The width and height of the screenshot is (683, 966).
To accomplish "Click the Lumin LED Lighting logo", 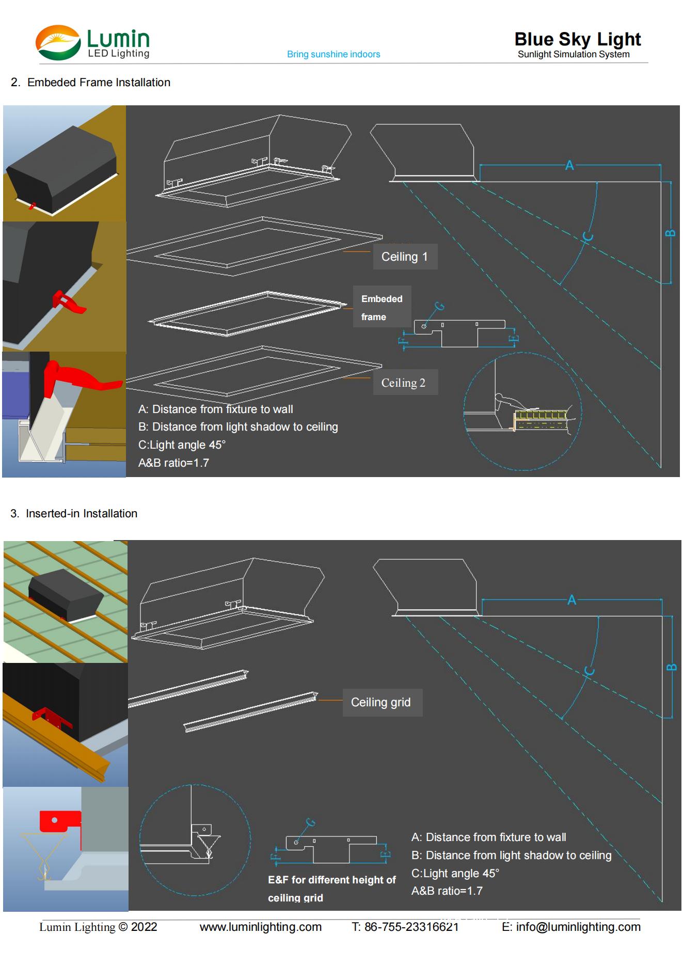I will [x=93, y=43].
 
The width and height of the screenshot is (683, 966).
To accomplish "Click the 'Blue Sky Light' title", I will [x=577, y=39].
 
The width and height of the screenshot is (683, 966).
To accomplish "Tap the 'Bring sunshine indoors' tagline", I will [x=333, y=54].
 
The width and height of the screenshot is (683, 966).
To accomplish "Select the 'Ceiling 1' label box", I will [x=405, y=257].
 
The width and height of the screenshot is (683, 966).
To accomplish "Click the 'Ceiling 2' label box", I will [x=405, y=383].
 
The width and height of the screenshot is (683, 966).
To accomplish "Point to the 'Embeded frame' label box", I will [x=382, y=307].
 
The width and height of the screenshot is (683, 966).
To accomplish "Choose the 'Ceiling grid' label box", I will [x=382, y=702].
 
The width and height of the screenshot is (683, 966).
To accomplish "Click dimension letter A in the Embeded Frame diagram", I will [x=569, y=165].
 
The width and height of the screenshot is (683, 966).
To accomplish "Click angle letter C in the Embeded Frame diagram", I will [x=588, y=236].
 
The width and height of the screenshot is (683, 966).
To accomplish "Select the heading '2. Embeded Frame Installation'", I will [x=90, y=83].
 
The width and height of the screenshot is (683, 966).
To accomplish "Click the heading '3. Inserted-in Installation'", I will [x=74, y=514].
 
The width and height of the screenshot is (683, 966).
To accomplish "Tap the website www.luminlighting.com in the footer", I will [x=261, y=927].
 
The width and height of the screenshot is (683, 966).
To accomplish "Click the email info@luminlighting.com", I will [x=571, y=927].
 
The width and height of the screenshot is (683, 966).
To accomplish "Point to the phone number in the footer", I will [x=405, y=927].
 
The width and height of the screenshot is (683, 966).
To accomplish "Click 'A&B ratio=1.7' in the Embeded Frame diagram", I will [x=173, y=463].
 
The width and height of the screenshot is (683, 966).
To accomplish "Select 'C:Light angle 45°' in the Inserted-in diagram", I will [x=455, y=873].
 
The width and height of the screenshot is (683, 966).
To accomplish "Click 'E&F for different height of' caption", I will [x=332, y=880].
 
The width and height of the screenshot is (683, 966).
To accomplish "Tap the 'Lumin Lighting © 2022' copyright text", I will [x=98, y=927].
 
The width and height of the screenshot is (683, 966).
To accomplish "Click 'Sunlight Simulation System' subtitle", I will [x=574, y=54].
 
